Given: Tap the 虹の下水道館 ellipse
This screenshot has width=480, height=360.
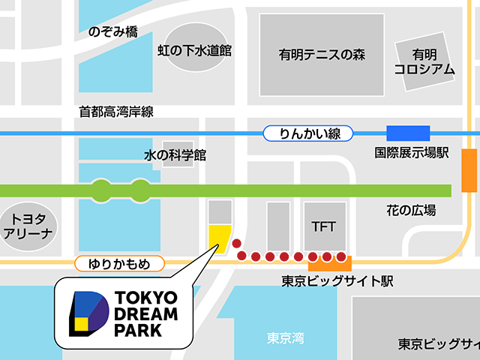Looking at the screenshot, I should pos(194,50).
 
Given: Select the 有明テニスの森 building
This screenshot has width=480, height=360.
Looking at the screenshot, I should pos(310,54).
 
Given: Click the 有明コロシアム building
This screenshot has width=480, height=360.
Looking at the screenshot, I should pos(424,61).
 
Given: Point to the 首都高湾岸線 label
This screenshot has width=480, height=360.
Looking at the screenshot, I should pos(116,112).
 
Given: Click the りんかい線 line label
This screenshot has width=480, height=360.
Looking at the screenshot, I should pos(310,134).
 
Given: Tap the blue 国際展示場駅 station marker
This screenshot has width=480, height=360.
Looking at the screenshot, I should pos(407,134).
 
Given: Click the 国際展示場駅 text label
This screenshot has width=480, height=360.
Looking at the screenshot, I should pos(412,153).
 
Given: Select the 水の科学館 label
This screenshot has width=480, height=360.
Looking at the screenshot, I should pos(175,155).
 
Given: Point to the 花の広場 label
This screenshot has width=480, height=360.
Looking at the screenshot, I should pos(411,210).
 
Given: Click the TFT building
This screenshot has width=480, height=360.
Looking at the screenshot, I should pos(324,225).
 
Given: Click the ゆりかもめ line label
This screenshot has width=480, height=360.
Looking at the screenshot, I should pos(119,263).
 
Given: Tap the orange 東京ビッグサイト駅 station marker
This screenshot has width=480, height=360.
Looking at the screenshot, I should pos(330,263).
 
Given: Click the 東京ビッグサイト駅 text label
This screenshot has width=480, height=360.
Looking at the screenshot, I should pos(337,282).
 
